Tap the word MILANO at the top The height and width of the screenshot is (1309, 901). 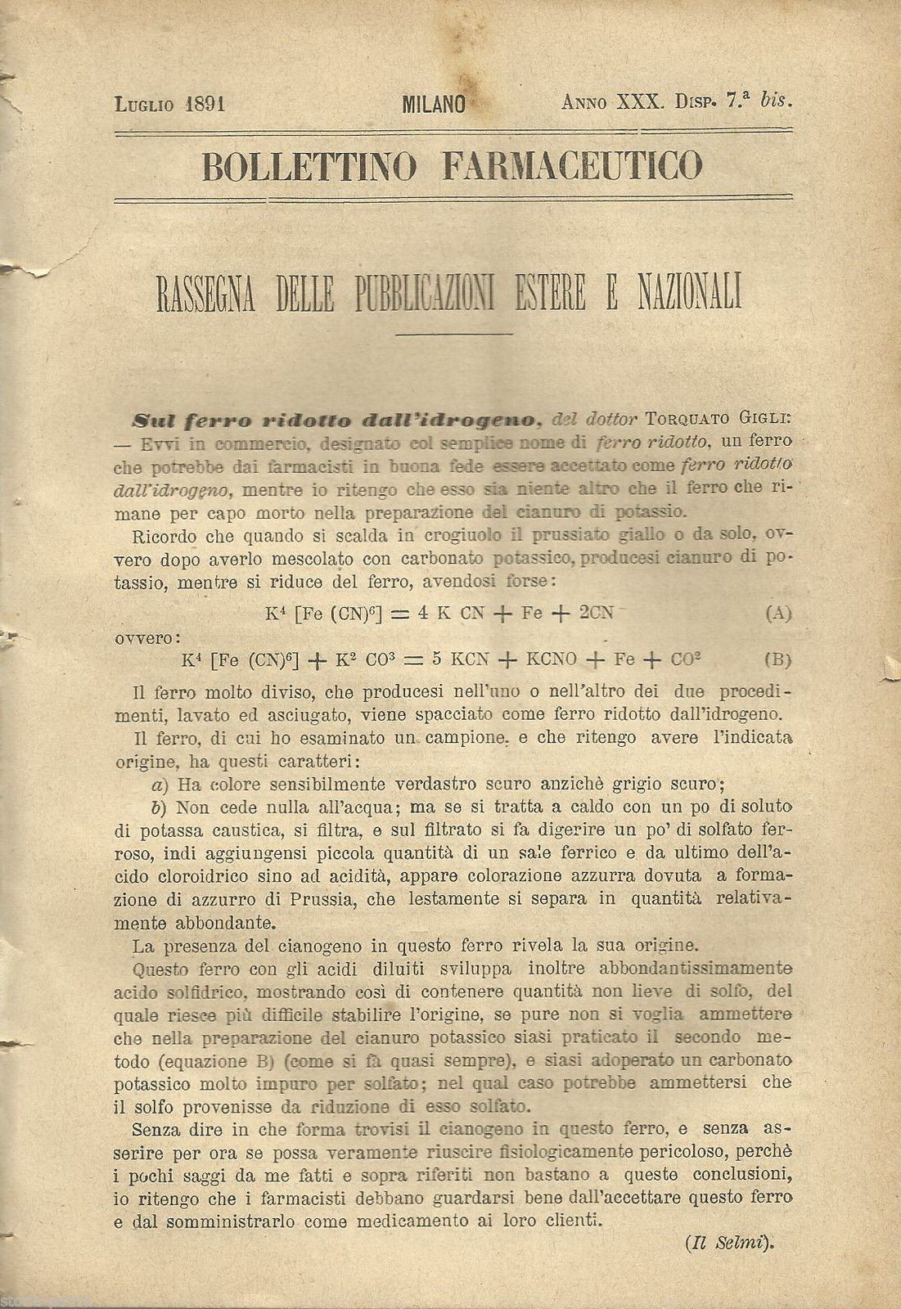434,104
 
